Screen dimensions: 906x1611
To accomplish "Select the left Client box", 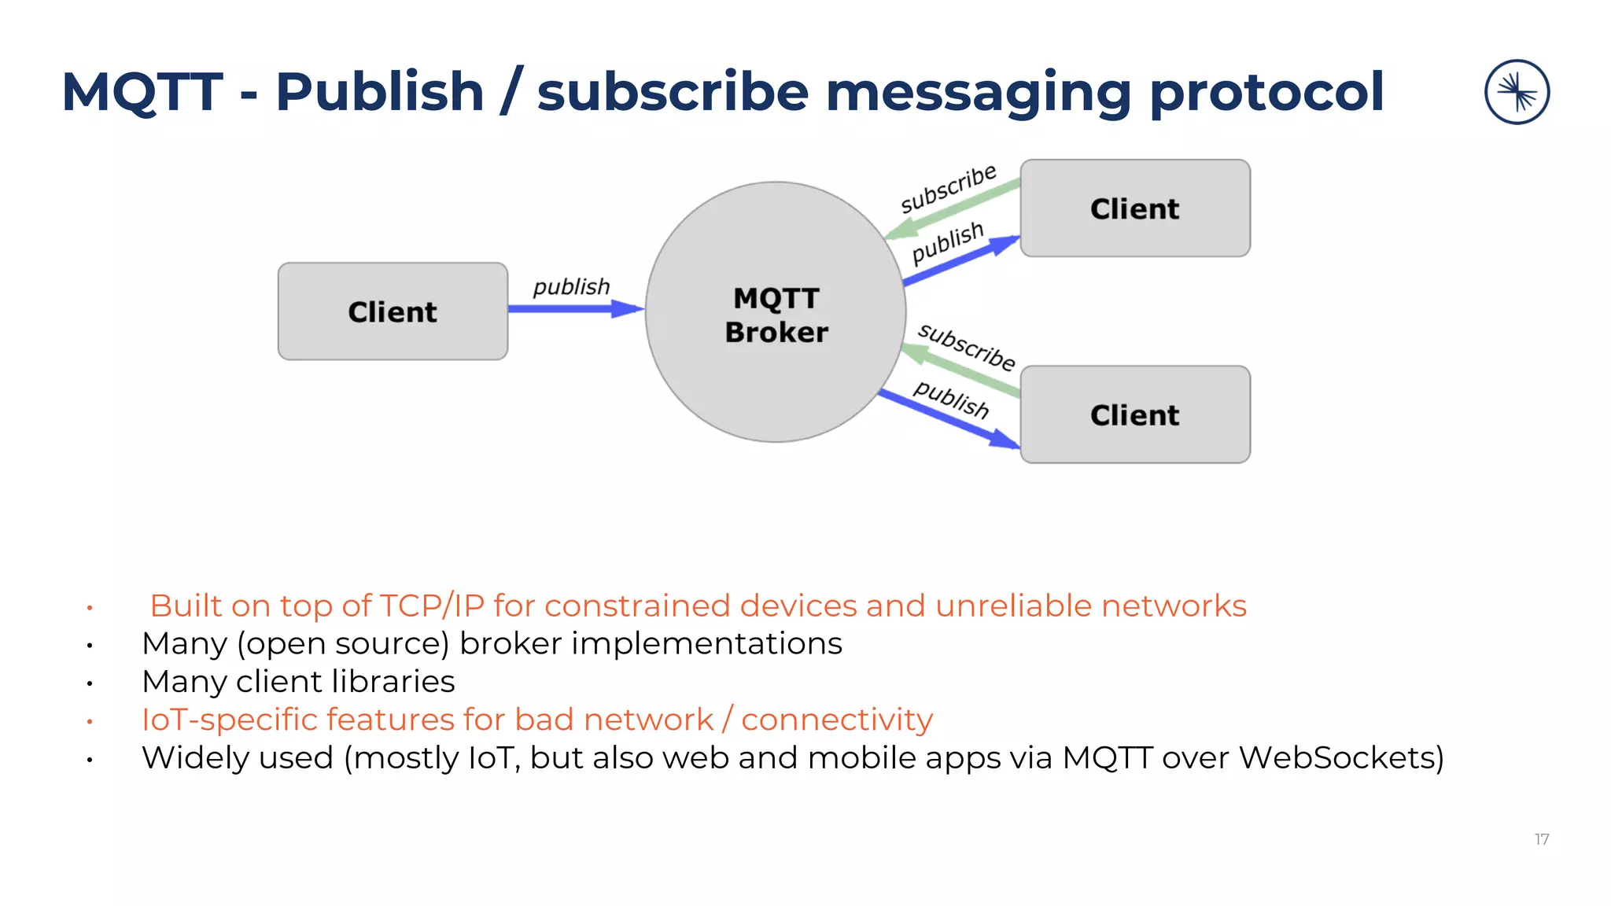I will pyautogui.click(x=393, y=311).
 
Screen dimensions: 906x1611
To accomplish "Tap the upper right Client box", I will pyautogui.click(x=1134, y=208).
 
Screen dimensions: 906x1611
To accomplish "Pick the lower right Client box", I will pyautogui.click(x=1134, y=414).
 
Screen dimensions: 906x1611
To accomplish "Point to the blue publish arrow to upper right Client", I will pyautogui.click(x=960, y=261).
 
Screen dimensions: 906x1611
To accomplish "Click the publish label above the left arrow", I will pyautogui.click(x=571, y=286).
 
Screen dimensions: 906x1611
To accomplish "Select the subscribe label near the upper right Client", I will pyautogui.click(x=948, y=189).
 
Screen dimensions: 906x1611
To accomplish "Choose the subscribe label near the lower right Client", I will pyautogui.click(x=967, y=346).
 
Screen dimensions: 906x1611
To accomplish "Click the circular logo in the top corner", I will pyautogui.click(x=1517, y=92).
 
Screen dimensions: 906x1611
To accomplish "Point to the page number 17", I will pyautogui.click(x=1542, y=839).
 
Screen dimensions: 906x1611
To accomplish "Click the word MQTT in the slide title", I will pyautogui.click(x=142, y=92).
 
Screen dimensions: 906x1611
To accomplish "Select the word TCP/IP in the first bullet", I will pyautogui.click(x=432, y=606).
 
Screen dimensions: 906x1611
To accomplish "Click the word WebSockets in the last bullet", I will pyautogui.click(x=1340, y=758).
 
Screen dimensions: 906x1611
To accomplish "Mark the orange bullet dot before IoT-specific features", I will pyautogui.click(x=90, y=721).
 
